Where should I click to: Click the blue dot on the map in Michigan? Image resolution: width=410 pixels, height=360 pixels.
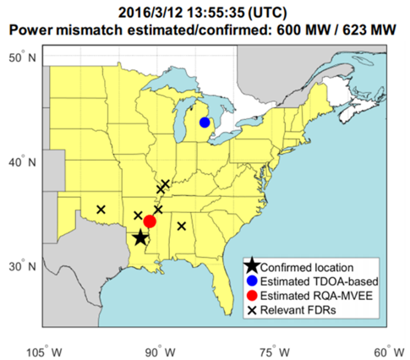point(205,122)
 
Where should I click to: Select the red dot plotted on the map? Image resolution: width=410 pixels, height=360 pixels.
point(150,221)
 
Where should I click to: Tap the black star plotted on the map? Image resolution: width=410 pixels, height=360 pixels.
point(140,238)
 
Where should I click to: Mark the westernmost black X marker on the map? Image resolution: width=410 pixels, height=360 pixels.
point(101,209)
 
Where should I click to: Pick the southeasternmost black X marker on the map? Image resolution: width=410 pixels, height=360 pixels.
point(182,226)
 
